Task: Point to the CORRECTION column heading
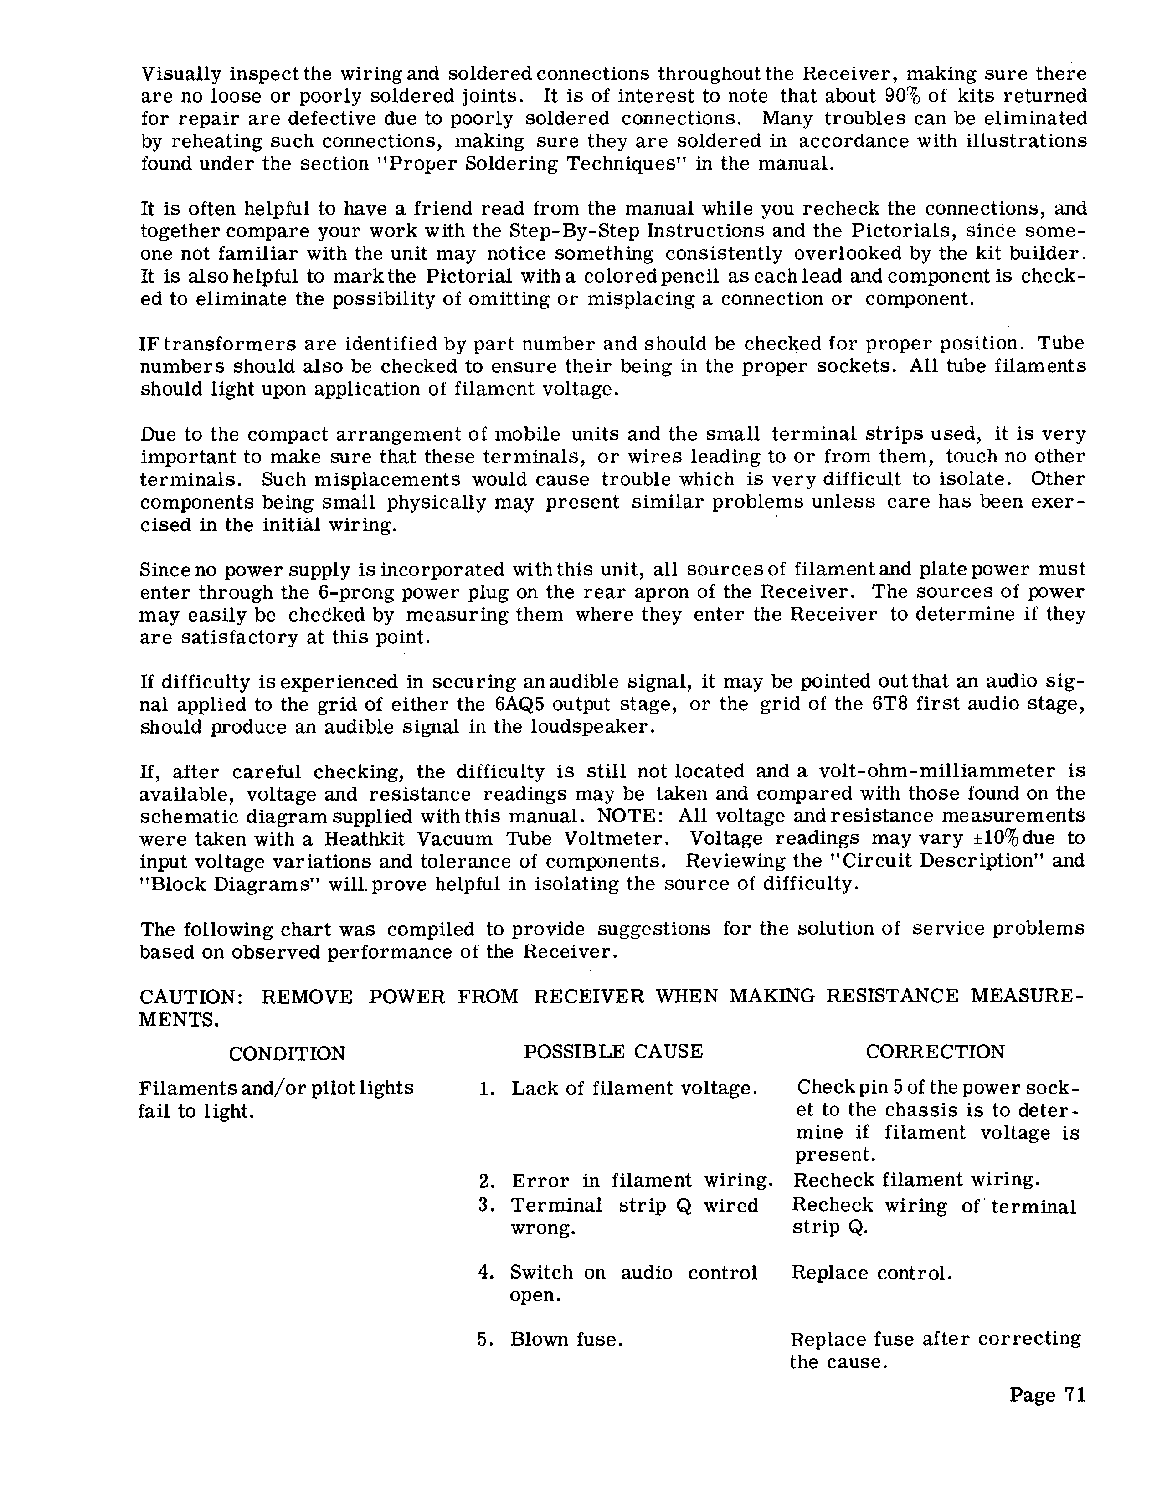tap(935, 1052)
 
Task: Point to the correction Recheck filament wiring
tap(916, 1180)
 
